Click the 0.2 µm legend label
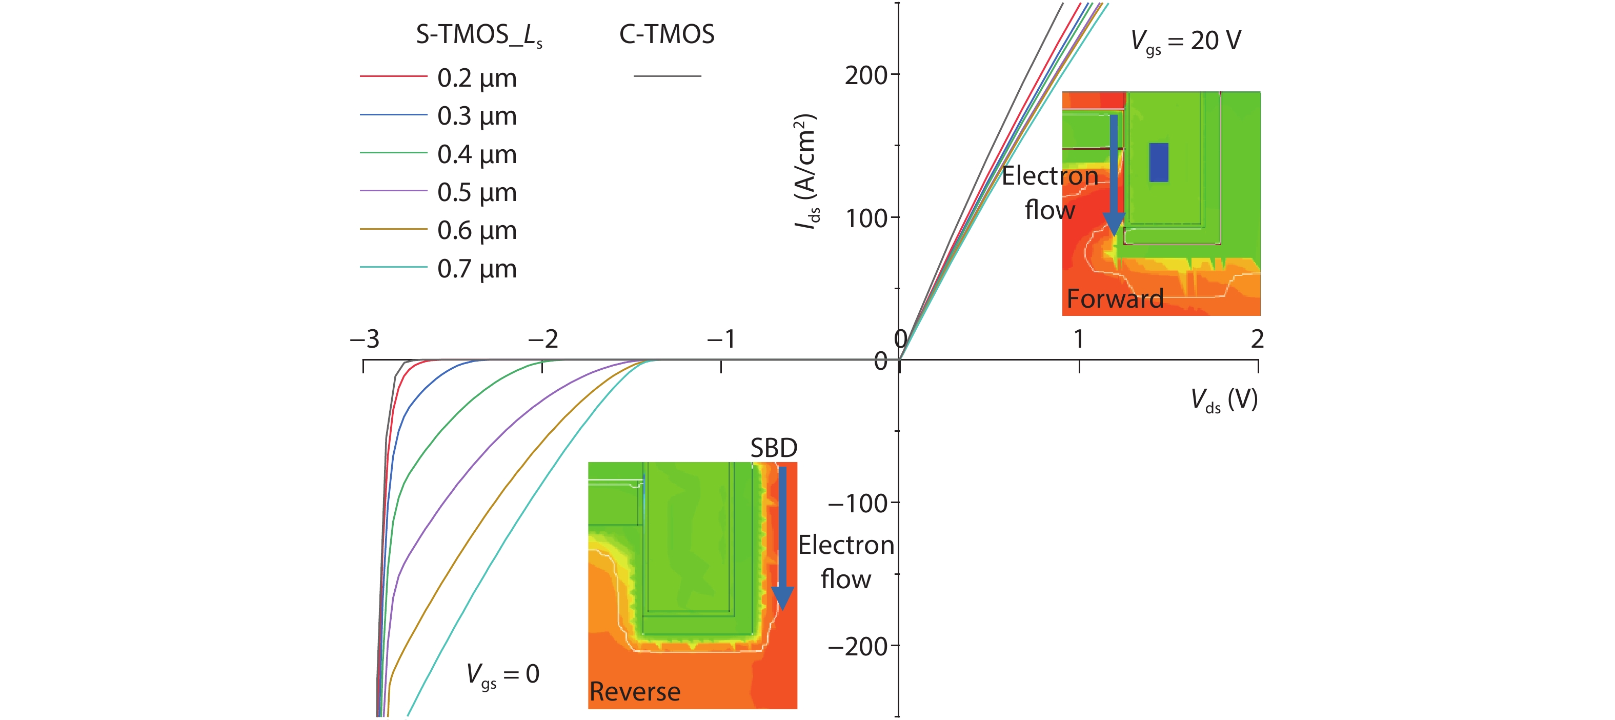(x=476, y=78)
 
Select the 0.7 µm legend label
(x=476, y=269)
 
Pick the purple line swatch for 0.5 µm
(x=393, y=191)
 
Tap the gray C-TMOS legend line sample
(x=667, y=76)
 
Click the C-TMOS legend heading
(x=667, y=34)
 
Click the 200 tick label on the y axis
(x=866, y=75)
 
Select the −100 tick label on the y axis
(x=857, y=504)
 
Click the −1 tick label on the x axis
(x=721, y=339)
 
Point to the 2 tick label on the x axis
(x=1257, y=339)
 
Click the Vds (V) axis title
(x=1224, y=399)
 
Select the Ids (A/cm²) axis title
(x=805, y=171)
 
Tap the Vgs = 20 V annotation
(x=1185, y=42)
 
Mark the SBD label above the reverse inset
(x=774, y=448)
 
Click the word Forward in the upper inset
(x=1115, y=298)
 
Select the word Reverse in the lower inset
(x=635, y=691)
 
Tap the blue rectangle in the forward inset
(x=1159, y=163)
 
